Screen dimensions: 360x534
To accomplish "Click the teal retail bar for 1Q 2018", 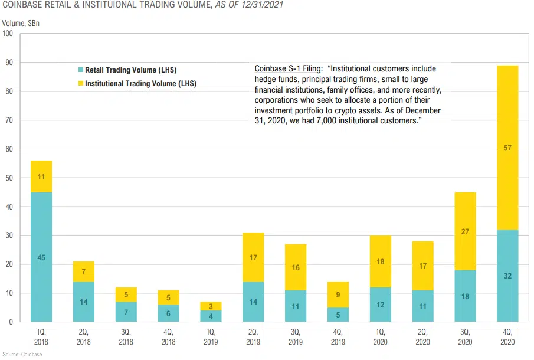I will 41,257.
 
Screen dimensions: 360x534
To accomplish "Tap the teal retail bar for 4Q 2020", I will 507,276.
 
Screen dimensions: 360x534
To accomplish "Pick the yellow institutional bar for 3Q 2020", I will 465,231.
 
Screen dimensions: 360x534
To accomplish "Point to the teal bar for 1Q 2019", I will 211,316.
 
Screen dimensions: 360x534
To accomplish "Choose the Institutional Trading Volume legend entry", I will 140,84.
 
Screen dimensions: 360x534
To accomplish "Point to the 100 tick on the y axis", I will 8,34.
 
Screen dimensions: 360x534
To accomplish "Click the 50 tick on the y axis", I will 8,178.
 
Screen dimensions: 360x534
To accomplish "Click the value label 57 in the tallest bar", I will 507,149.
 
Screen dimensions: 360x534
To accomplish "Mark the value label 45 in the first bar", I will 41,257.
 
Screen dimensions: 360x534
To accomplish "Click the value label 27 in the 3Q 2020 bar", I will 465,232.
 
